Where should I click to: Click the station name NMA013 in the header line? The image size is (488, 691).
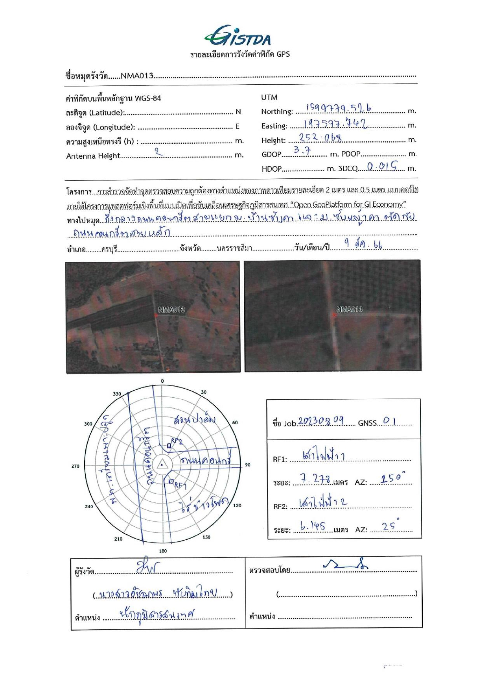[x=137, y=76]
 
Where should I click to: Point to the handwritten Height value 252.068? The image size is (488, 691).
[x=320, y=138]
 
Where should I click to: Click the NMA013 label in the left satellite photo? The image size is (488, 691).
[x=171, y=309]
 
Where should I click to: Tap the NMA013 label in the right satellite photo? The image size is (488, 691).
[x=349, y=309]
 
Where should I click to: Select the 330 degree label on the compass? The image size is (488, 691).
[x=117, y=394]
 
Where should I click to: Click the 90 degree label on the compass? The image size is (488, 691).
[x=248, y=465]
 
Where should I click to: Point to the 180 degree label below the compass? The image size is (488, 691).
[x=163, y=551]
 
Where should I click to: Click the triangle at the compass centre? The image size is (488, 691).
[x=162, y=465]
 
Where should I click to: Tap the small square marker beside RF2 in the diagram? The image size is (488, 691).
[x=169, y=446]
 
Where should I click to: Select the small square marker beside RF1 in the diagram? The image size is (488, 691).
[x=171, y=482]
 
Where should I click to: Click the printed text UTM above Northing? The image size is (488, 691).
[x=269, y=97]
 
